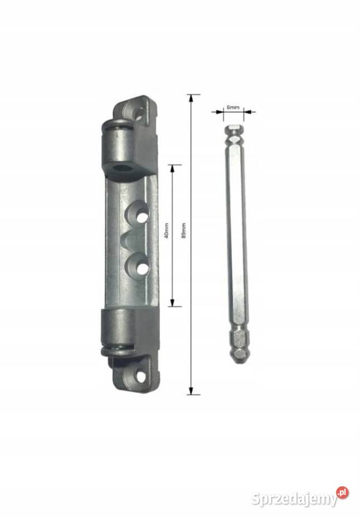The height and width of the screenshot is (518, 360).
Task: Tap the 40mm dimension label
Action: [x=166, y=231]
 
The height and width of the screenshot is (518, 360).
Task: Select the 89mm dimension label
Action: [x=184, y=231]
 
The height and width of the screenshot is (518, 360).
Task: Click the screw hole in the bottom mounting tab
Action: [x=141, y=377]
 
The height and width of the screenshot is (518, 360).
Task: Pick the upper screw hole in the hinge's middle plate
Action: [x=142, y=217]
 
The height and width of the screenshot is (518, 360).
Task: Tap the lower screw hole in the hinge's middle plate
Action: [x=142, y=268]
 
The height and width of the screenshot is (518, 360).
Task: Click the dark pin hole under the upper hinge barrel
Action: [x=120, y=169]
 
